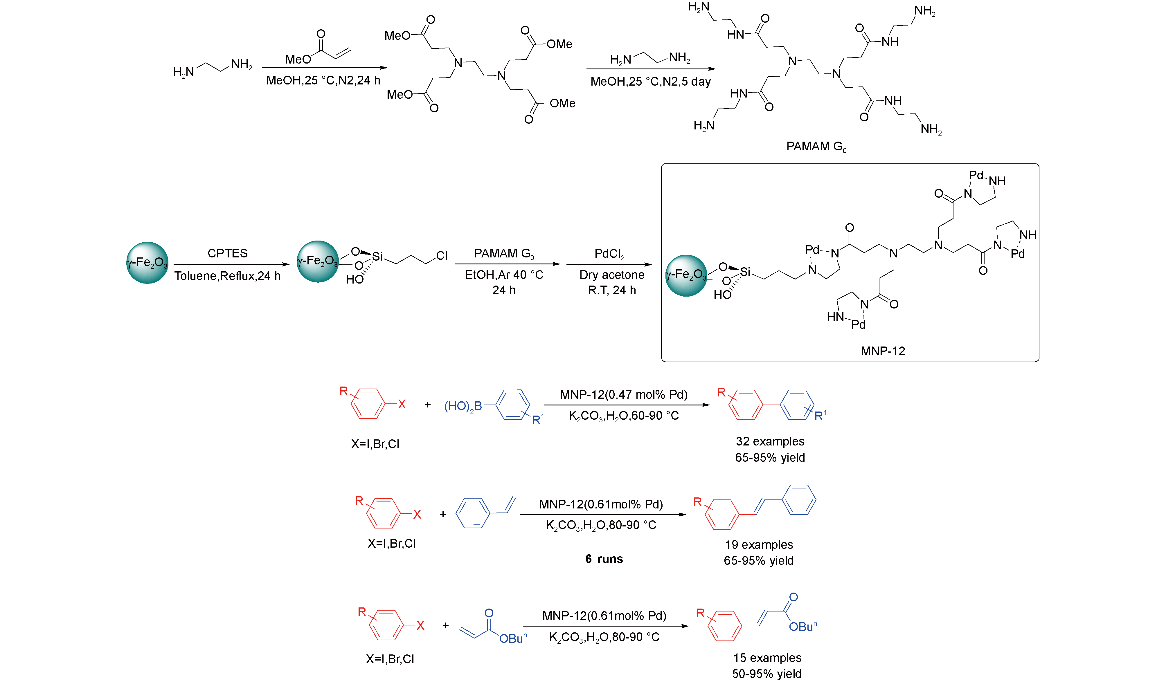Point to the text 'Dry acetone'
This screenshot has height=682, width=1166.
pos(612,275)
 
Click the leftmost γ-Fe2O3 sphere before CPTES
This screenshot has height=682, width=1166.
pos(147,263)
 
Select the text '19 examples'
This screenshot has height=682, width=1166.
pos(759,545)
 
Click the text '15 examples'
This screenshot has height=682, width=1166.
pos(767,658)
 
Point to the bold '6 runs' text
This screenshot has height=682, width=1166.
pos(604,559)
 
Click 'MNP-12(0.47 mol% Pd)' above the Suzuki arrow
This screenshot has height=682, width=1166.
pos(623,394)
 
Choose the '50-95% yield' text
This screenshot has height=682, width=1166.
pos(767,674)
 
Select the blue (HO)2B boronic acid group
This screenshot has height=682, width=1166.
pos(463,406)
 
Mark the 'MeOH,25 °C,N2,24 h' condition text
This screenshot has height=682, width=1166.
pos(323,80)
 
